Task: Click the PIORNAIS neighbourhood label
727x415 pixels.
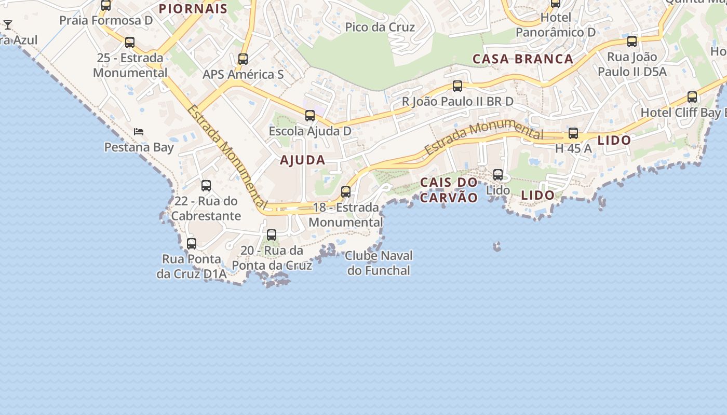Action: tap(193, 9)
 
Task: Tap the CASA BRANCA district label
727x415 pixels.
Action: tap(523, 59)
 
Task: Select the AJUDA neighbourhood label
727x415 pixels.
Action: tap(303, 160)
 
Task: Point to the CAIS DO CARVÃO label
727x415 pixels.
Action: tap(449, 190)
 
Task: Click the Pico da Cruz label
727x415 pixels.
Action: tap(380, 27)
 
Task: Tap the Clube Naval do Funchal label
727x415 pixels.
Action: tap(379, 263)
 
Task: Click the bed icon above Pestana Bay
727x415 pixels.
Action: tap(139, 132)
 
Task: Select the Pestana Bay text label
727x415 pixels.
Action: tap(139, 147)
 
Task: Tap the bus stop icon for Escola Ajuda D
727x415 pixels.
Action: tap(310, 116)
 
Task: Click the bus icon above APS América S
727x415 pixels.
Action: tap(243, 59)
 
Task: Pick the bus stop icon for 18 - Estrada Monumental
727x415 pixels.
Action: tap(346, 192)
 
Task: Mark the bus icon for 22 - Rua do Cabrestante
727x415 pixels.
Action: tap(206, 186)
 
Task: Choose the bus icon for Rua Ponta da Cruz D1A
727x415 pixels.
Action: tap(192, 243)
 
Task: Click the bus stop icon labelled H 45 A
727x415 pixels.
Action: tap(573, 133)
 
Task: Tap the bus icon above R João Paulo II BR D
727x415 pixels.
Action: tap(457, 86)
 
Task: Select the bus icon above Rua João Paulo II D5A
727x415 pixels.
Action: tap(632, 41)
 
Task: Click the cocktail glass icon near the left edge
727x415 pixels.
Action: tap(8, 24)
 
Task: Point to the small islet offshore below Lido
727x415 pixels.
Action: tap(497, 246)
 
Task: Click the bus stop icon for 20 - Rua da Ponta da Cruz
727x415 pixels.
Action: tap(272, 235)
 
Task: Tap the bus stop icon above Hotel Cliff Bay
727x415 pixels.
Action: tap(692, 97)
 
